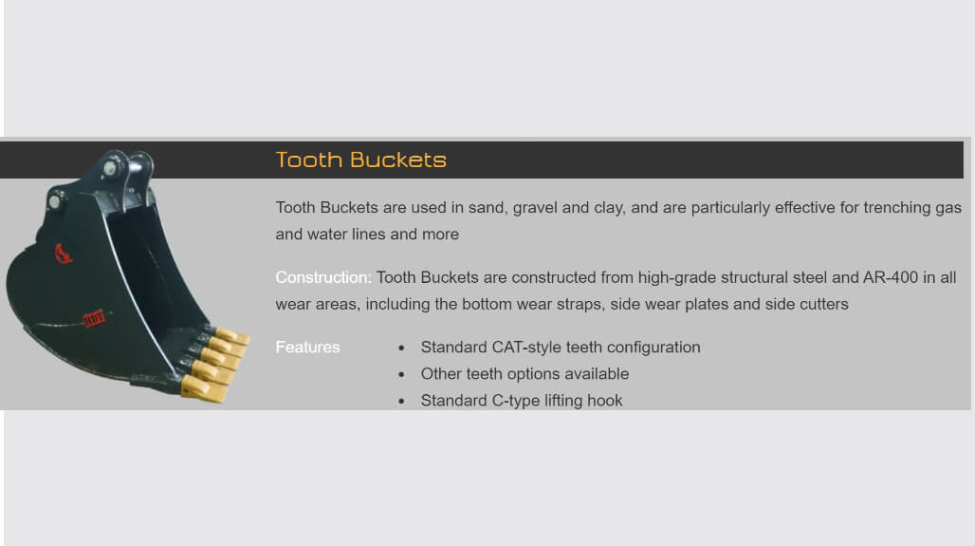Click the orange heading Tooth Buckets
click(x=360, y=160)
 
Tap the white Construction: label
click(x=323, y=277)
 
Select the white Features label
click(x=308, y=348)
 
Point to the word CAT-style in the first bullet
click(x=526, y=348)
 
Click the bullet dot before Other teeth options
click(x=402, y=375)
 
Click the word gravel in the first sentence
click(x=535, y=208)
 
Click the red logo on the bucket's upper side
click(x=64, y=254)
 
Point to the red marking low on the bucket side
click(x=94, y=319)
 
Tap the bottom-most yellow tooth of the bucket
click(x=203, y=389)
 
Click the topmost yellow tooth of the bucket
click(x=232, y=337)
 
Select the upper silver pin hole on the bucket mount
click(x=111, y=168)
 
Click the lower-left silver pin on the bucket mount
click(x=55, y=201)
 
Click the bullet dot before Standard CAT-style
click(x=402, y=348)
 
